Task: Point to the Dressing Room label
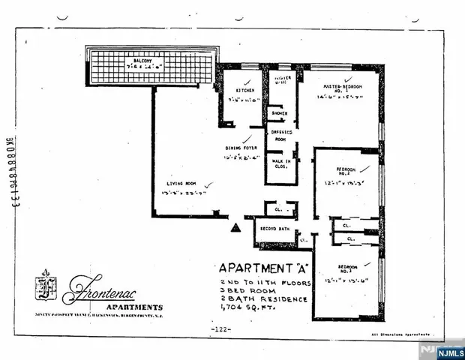(x=280, y=136)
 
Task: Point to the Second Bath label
(x=274, y=228)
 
